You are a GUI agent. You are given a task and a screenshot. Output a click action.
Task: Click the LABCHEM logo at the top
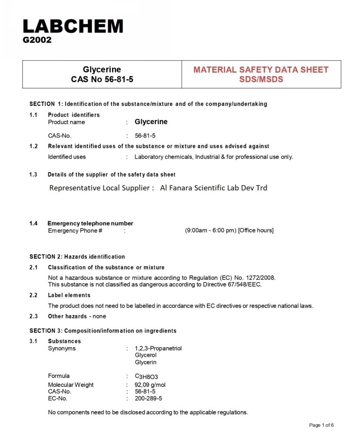point(73,27)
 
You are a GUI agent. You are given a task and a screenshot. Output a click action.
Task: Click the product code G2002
point(37,40)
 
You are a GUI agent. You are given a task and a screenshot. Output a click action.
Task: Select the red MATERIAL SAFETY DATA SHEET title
point(261,70)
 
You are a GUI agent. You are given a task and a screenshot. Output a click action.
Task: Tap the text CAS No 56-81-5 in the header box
point(102,80)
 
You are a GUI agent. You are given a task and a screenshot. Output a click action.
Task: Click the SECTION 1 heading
point(148,104)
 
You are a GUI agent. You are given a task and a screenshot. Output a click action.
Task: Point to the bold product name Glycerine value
point(151,122)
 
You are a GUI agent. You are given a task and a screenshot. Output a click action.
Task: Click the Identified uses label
point(67,157)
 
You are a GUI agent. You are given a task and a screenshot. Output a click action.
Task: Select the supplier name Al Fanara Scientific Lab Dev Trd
point(213,188)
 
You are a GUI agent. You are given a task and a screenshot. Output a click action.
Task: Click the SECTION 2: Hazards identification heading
point(77,256)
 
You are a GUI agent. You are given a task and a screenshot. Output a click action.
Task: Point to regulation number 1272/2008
point(259,278)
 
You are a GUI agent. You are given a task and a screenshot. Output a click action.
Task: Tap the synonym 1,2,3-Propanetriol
point(158,349)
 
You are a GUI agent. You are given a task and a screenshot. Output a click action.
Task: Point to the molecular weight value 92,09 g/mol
point(150,385)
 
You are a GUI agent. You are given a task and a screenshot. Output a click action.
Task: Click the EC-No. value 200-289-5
point(148,398)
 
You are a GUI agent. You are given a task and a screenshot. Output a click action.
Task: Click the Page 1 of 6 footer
point(321,425)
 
